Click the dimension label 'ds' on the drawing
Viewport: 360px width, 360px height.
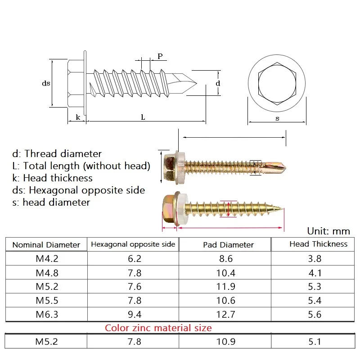point(46,83)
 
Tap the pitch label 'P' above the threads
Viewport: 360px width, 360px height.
point(160,56)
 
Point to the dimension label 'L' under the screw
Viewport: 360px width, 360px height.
point(143,117)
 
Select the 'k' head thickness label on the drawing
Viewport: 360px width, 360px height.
point(78,117)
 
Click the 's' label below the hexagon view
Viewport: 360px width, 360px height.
point(277,118)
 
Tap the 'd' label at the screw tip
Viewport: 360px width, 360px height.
point(218,83)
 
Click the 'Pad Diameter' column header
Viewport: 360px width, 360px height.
point(228,245)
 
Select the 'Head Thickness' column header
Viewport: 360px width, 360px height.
point(318,244)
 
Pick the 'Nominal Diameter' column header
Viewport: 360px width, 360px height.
point(46,245)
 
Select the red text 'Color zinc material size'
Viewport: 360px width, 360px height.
point(158,328)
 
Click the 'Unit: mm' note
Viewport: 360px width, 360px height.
point(328,231)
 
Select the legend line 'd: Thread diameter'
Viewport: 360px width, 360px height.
point(57,154)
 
